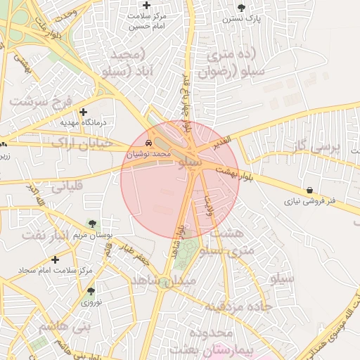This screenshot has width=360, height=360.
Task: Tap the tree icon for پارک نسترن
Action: point(242,8)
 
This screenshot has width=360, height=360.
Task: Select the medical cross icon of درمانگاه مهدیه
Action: point(84,112)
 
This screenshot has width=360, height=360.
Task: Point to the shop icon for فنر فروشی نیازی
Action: point(310,191)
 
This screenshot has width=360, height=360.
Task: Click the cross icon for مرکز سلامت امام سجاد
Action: point(55,259)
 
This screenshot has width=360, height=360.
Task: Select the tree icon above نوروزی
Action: point(91,291)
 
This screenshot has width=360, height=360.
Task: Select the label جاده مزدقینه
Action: point(238,307)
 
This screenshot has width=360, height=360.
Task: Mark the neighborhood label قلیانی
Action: point(67,186)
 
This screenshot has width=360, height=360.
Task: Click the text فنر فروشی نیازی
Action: point(310,201)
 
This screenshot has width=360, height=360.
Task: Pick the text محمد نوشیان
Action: point(151,153)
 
